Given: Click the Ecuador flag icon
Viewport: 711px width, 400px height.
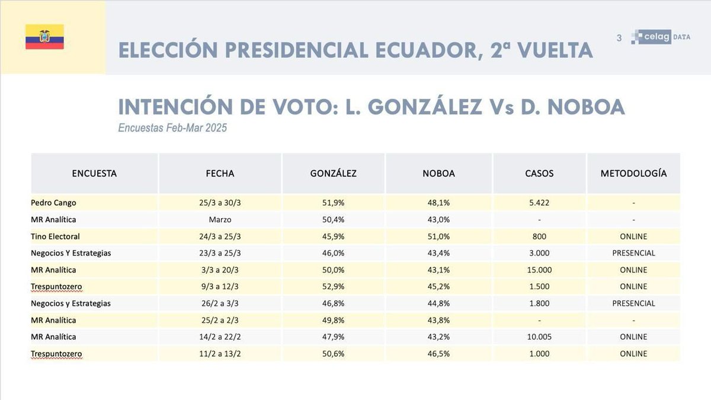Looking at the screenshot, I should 44,37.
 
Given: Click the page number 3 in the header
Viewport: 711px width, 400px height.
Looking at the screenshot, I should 619,38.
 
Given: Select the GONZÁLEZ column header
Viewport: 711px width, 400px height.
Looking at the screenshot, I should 333,174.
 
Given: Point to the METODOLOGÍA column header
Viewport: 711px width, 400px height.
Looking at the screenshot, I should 633,174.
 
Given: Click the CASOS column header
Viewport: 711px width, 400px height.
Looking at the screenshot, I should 539,174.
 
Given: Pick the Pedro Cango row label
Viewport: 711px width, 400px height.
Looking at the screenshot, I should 53,203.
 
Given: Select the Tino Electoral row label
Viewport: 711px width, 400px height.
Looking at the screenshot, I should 55,236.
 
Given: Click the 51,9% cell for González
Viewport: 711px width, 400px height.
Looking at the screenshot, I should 333,203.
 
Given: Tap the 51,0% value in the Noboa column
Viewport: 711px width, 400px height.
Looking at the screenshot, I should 438,236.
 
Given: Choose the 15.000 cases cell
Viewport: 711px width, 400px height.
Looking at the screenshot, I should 539,270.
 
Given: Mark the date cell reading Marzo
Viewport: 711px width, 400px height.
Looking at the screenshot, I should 220,219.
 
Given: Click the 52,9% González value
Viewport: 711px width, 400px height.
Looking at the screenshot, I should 333,287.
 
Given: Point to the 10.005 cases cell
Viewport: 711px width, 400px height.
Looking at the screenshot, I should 539,337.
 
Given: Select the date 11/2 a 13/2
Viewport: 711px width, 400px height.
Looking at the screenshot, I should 220,354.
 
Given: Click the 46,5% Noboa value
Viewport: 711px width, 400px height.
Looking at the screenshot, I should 438,354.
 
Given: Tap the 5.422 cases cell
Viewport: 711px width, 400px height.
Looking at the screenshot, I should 539,203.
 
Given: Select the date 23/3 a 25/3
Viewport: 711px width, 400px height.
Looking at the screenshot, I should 220,253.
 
